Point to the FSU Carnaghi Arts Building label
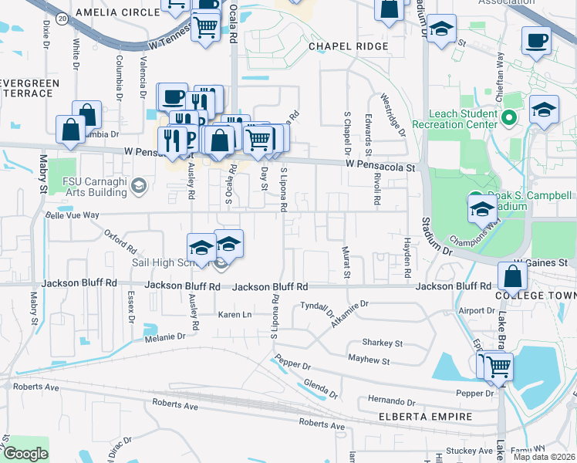tap(94, 187)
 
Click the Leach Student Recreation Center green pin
tap(508, 119)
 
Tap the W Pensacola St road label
tap(380, 166)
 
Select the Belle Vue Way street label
tap(73, 215)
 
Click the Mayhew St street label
tap(369, 360)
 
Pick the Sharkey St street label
tap(383, 343)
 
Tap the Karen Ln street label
tap(235, 315)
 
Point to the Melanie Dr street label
tap(165, 336)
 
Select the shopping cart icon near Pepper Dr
tap(498, 366)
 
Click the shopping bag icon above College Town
tap(513, 275)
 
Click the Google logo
tap(25, 455)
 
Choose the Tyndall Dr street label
tap(318, 309)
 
